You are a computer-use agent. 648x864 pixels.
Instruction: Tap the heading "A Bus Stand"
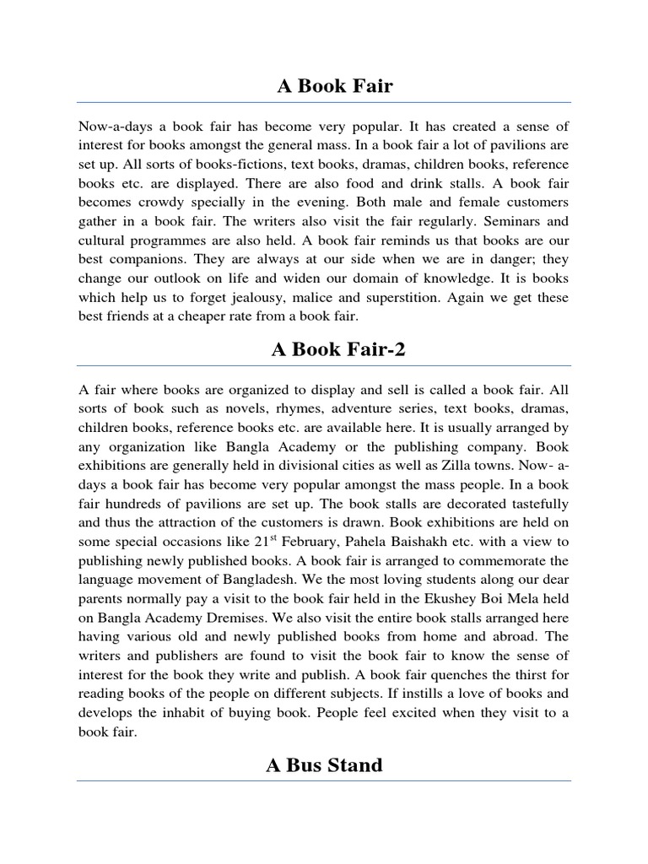point(324,765)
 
